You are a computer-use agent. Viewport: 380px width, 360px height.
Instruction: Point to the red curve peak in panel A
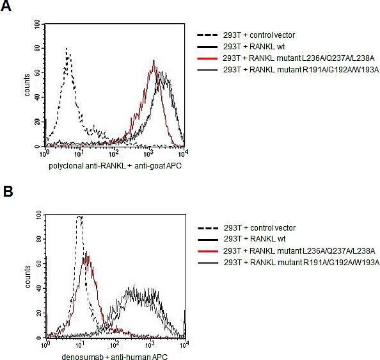154,61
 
